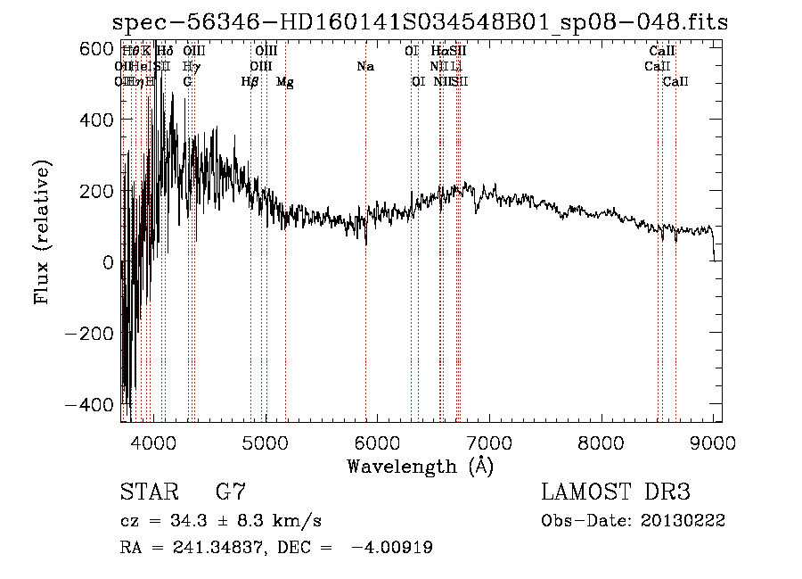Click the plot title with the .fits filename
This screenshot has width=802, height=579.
pos(421,22)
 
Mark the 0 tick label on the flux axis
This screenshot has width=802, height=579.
pos(107,262)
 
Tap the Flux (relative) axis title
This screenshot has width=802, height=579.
pos(42,232)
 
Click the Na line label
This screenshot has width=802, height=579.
pos(365,67)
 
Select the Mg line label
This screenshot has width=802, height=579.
pos(285,82)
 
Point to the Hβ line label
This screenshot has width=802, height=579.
pos(250,82)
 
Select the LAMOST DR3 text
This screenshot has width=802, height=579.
pos(615,492)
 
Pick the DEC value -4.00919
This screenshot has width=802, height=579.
pos(394,548)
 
